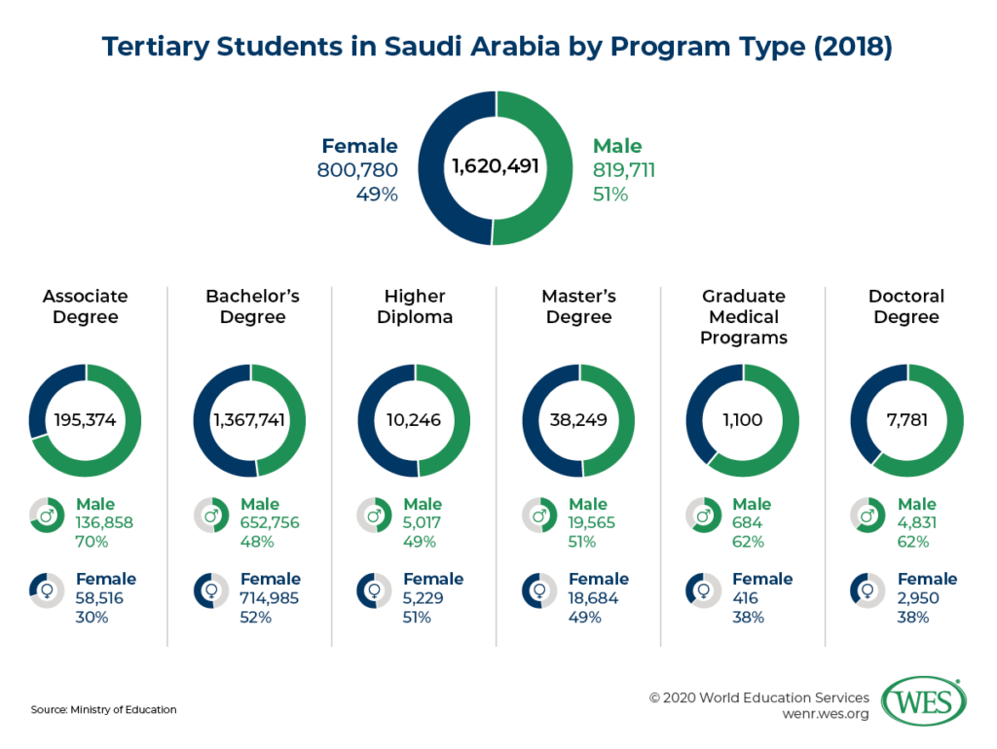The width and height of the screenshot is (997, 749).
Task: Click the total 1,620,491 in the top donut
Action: (x=496, y=168)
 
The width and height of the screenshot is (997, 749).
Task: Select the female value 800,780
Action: (x=357, y=171)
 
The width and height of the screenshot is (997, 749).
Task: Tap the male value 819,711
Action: (x=624, y=171)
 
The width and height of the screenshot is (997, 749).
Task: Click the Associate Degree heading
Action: (x=86, y=306)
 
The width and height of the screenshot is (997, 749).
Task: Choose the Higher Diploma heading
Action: (x=414, y=306)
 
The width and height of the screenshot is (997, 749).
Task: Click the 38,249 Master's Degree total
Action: (x=578, y=421)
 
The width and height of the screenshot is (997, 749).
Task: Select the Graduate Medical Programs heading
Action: (x=743, y=317)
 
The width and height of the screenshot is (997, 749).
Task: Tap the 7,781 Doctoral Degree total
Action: (x=907, y=421)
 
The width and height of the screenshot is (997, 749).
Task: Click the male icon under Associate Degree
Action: (x=45, y=516)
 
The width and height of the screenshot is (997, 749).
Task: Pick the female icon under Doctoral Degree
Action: (x=867, y=590)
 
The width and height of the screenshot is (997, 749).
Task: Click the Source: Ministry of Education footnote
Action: (x=104, y=709)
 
